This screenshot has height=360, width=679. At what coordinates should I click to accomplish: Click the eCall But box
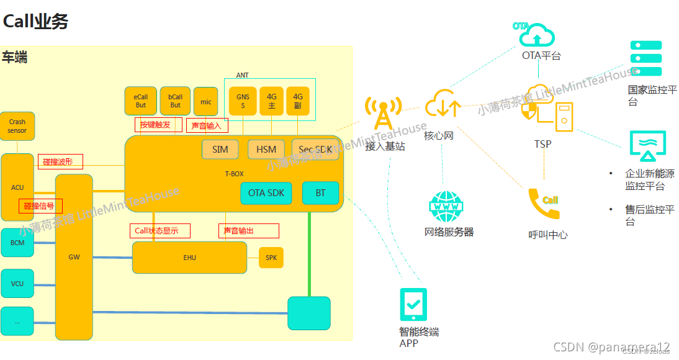click(141, 101)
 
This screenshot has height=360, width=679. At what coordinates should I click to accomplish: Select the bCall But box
click(176, 101)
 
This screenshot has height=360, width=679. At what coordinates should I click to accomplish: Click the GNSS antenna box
click(243, 101)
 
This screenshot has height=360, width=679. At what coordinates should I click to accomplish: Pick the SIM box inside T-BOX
click(220, 150)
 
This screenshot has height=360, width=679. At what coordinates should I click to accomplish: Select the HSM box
click(266, 150)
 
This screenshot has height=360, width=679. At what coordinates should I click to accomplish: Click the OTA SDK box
click(266, 193)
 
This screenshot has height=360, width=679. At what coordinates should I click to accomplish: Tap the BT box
click(320, 193)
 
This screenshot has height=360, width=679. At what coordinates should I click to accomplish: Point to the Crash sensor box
click(17, 127)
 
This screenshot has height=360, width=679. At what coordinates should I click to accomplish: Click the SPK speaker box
click(271, 258)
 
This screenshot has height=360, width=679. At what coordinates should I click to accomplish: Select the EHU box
click(189, 258)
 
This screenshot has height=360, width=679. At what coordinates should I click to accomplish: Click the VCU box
click(17, 284)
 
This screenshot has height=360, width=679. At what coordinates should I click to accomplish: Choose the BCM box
click(17, 243)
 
